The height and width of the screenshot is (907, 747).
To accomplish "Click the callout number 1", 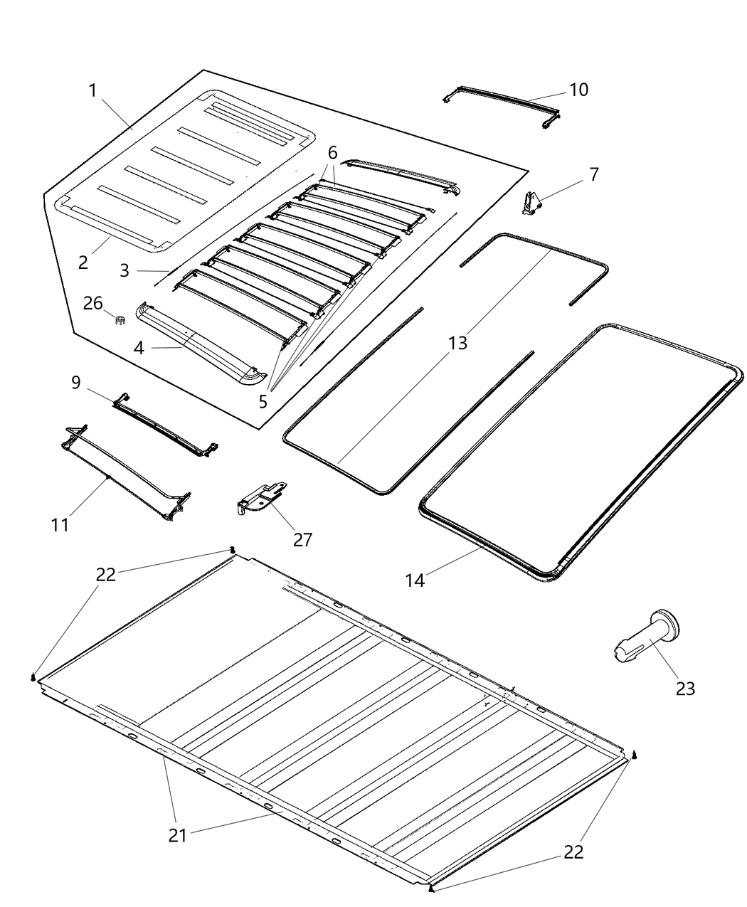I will pyautogui.click(x=92, y=90).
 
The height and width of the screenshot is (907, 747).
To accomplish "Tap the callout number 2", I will pyautogui.click(x=84, y=262).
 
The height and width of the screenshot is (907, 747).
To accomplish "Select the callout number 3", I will pyautogui.click(x=124, y=270).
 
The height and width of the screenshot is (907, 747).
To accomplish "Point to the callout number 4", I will pyautogui.click(x=139, y=349).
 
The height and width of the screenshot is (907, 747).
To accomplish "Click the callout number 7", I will pyautogui.click(x=593, y=174).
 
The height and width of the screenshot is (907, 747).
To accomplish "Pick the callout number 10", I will pyautogui.click(x=578, y=90).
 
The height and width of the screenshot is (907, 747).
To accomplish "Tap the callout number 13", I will pyautogui.click(x=457, y=343).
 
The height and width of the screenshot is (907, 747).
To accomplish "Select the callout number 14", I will pyautogui.click(x=415, y=580).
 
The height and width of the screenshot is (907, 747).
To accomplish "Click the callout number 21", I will pyautogui.click(x=177, y=834).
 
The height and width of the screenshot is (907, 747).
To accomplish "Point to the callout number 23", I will pyautogui.click(x=685, y=688).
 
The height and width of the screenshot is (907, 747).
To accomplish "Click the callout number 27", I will pyautogui.click(x=302, y=539).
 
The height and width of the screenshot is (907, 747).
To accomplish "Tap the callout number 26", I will pyautogui.click(x=93, y=304).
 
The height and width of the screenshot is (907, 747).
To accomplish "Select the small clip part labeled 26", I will pyautogui.click(x=120, y=319).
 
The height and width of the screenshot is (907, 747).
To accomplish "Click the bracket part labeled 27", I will pyautogui.click(x=260, y=495).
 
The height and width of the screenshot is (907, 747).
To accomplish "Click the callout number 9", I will pyautogui.click(x=76, y=383).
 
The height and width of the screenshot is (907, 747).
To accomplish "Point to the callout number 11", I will pyautogui.click(x=60, y=525).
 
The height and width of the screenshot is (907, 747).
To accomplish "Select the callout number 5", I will pyautogui.click(x=263, y=401).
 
